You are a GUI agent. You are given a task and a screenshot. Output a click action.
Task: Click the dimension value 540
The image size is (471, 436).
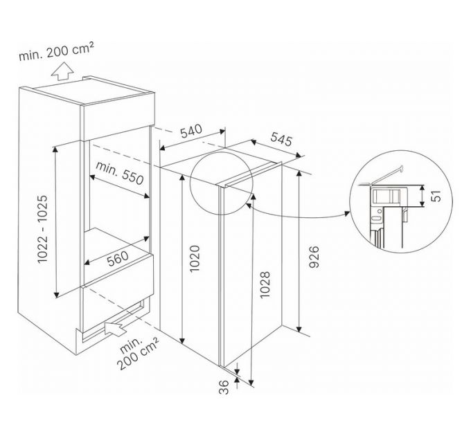click(191, 131)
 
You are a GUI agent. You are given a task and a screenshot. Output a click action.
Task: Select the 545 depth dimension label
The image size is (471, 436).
click(281, 139)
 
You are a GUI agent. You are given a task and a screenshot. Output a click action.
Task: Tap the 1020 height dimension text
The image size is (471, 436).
click(195, 258)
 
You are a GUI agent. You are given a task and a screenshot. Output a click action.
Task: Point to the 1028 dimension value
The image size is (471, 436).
click(265, 284)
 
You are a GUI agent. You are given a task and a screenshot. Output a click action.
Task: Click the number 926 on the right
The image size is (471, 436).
click(314, 257)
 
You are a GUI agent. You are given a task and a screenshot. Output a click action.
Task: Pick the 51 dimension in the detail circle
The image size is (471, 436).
click(437, 196)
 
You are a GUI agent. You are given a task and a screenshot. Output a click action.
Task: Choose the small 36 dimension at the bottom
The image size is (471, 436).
click(224, 387)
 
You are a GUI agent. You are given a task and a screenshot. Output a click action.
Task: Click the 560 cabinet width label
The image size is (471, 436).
click(118, 258)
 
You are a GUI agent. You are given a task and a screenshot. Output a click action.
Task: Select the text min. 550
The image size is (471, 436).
click(120, 173)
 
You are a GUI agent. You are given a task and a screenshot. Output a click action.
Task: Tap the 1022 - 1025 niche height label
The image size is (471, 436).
click(42, 229)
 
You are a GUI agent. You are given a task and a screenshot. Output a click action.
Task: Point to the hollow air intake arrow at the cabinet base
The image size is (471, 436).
click(116, 329)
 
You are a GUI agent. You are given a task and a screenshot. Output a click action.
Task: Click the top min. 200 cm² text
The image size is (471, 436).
click(57, 51)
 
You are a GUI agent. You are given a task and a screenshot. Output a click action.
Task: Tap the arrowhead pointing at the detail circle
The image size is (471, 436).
click(347, 213)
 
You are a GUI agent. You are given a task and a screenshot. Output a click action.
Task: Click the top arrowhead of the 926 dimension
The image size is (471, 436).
click(299, 174)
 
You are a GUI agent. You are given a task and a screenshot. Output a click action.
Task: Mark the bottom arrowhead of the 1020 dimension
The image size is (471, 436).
click(181, 340)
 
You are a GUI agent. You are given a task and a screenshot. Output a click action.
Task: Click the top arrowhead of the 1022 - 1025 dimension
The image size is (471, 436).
click(55, 149)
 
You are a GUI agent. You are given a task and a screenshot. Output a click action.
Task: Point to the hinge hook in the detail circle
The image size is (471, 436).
click(401, 168)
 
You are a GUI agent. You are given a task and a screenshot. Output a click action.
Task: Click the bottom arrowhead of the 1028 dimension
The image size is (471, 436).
click(251, 383)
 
